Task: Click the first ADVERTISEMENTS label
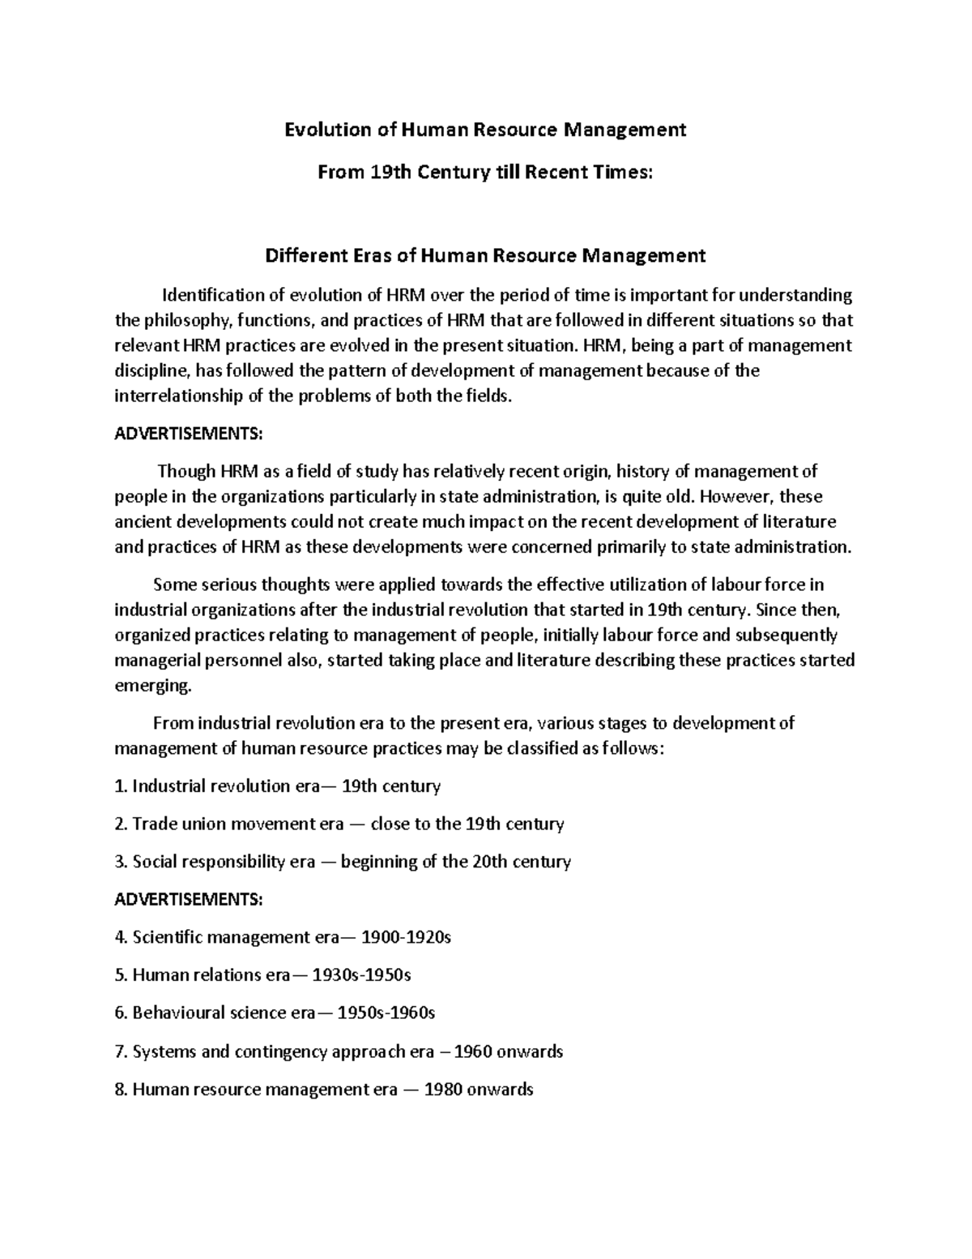[188, 434]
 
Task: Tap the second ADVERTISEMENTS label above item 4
[188, 899]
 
